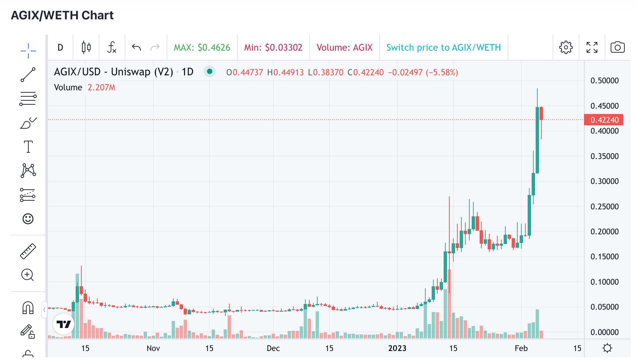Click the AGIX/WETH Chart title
tap(62, 15)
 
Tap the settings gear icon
tap(566, 47)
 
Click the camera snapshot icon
tap(617, 47)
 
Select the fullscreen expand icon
tap(592, 47)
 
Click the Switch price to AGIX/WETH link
tap(443, 47)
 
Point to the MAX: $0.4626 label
tap(202, 47)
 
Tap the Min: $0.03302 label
tap(273, 47)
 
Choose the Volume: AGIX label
tap(344, 47)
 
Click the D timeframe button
tap(60, 47)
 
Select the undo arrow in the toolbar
tap(136, 47)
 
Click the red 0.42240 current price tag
tap(604, 120)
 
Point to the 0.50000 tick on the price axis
tap(604, 81)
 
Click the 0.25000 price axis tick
tap(604, 207)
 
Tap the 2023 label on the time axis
tap(397, 348)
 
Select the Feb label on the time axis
tap(521, 348)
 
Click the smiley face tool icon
tap(28, 219)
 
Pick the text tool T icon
tap(28, 147)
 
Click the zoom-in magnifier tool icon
tap(28, 275)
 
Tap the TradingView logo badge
tap(63, 324)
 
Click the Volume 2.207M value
tap(101, 87)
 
